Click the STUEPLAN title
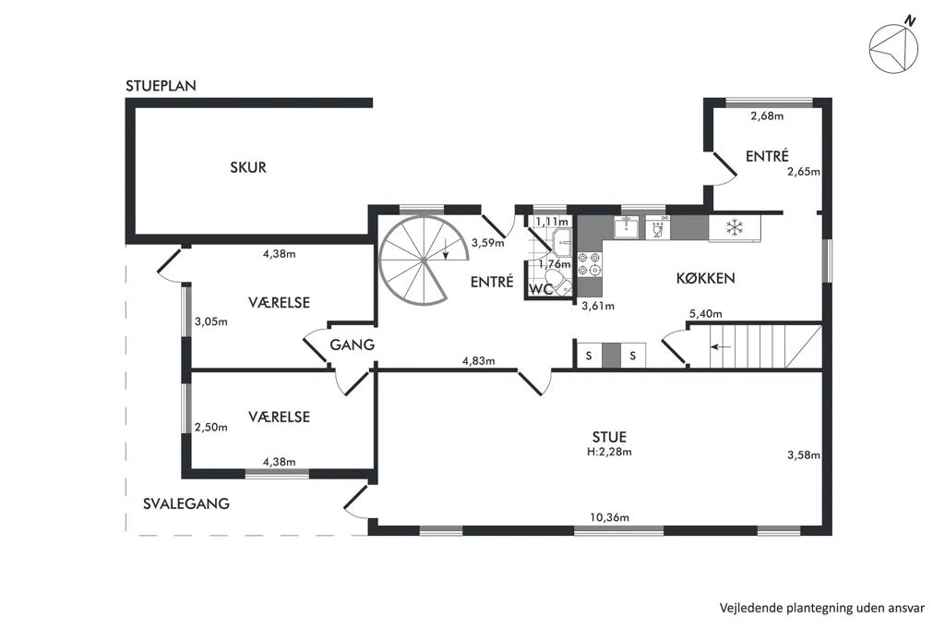tap(161, 86)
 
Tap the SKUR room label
tap(248, 167)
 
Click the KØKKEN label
tap(705, 278)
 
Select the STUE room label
tap(609, 437)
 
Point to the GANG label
tap(352, 345)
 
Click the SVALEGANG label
tap(186, 503)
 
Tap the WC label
tap(541, 290)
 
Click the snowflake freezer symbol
tap(734, 228)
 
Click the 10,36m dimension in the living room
tap(609, 517)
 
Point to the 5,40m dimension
tap(706, 314)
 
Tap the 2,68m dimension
tap(767, 116)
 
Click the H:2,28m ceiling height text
tap(609, 452)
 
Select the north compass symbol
tap(893, 47)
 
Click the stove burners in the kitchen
tap(590, 264)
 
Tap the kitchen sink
tap(627, 227)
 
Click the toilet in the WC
tap(562, 284)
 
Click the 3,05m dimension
tap(211, 322)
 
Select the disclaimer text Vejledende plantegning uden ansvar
tap(822, 608)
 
